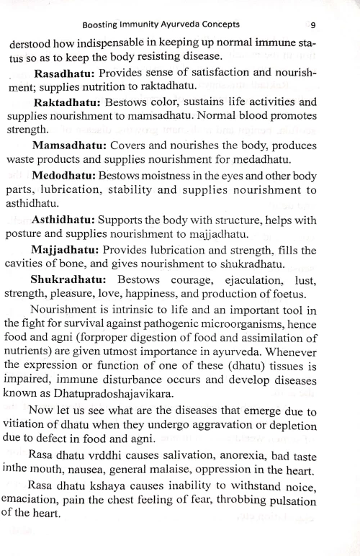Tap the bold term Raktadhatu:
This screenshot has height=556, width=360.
pyautogui.click(x=67, y=102)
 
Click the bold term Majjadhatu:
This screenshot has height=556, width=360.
pyautogui.click(x=66, y=249)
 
